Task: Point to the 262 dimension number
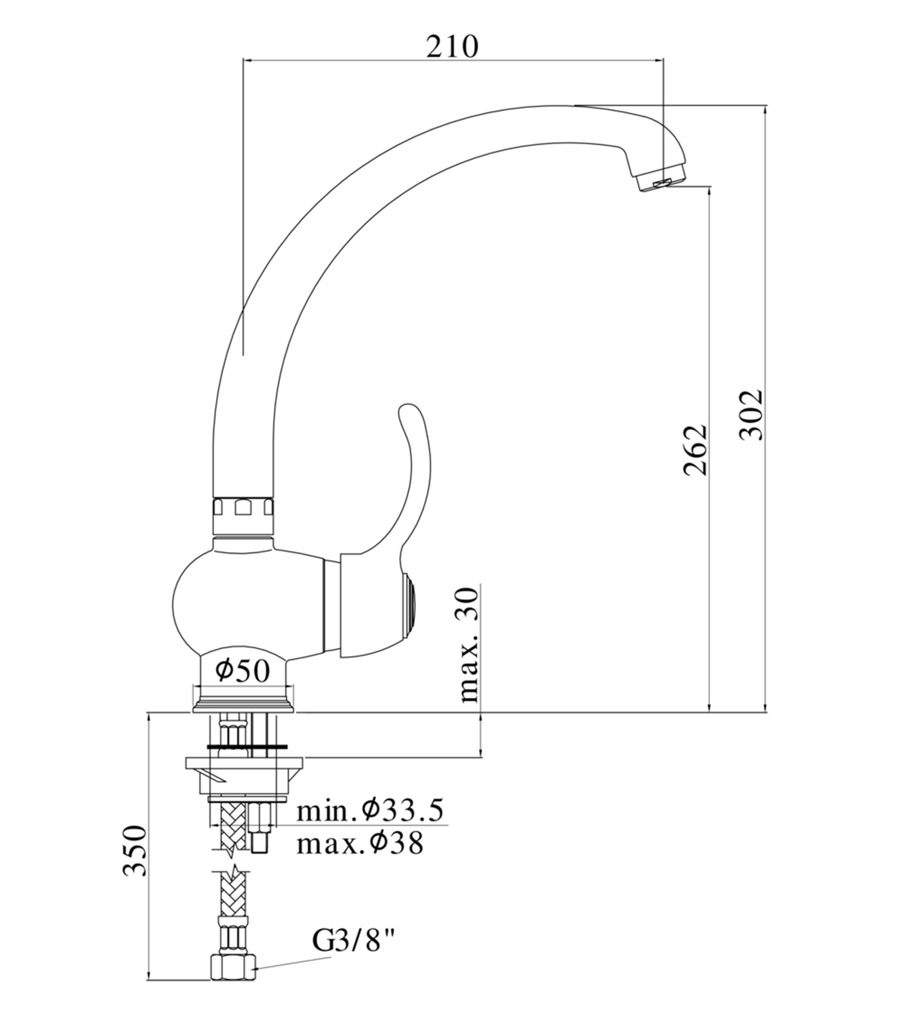click(x=695, y=449)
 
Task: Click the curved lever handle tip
click(x=408, y=414)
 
